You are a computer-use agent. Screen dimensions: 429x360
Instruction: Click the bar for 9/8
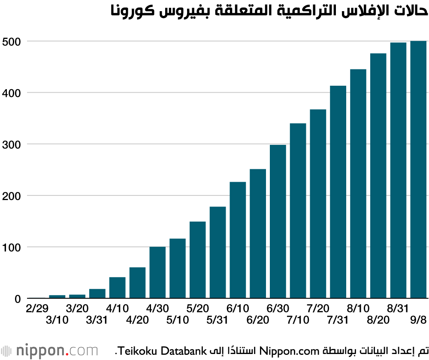(x=418, y=169)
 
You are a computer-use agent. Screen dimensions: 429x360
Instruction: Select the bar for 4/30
(x=157, y=272)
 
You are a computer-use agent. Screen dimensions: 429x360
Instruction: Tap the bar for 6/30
(x=278, y=222)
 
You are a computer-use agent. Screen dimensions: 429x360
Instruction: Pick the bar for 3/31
(x=97, y=294)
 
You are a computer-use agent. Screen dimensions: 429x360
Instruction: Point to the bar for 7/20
(x=318, y=204)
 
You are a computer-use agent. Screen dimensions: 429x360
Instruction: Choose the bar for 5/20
(x=197, y=260)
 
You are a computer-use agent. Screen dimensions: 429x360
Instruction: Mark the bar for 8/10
(x=358, y=184)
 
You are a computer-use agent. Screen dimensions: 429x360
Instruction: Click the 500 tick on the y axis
(x=12, y=42)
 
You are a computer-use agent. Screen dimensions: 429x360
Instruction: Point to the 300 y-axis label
(x=12, y=144)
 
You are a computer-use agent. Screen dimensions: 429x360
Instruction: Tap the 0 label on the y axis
(x=18, y=299)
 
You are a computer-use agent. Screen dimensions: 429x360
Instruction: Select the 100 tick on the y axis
(x=12, y=248)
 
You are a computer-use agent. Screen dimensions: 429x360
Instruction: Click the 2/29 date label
(x=37, y=308)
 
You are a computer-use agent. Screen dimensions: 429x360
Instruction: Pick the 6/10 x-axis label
(x=238, y=308)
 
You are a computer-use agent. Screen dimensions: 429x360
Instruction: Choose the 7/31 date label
(x=338, y=320)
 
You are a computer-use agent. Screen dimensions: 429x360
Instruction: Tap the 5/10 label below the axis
(x=178, y=320)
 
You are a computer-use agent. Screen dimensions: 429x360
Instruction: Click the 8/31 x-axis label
(x=398, y=308)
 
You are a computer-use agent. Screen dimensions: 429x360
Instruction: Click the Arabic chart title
(x=269, y=10)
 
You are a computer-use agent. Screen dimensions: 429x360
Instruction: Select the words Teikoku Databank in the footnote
(x=163, y=351)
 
